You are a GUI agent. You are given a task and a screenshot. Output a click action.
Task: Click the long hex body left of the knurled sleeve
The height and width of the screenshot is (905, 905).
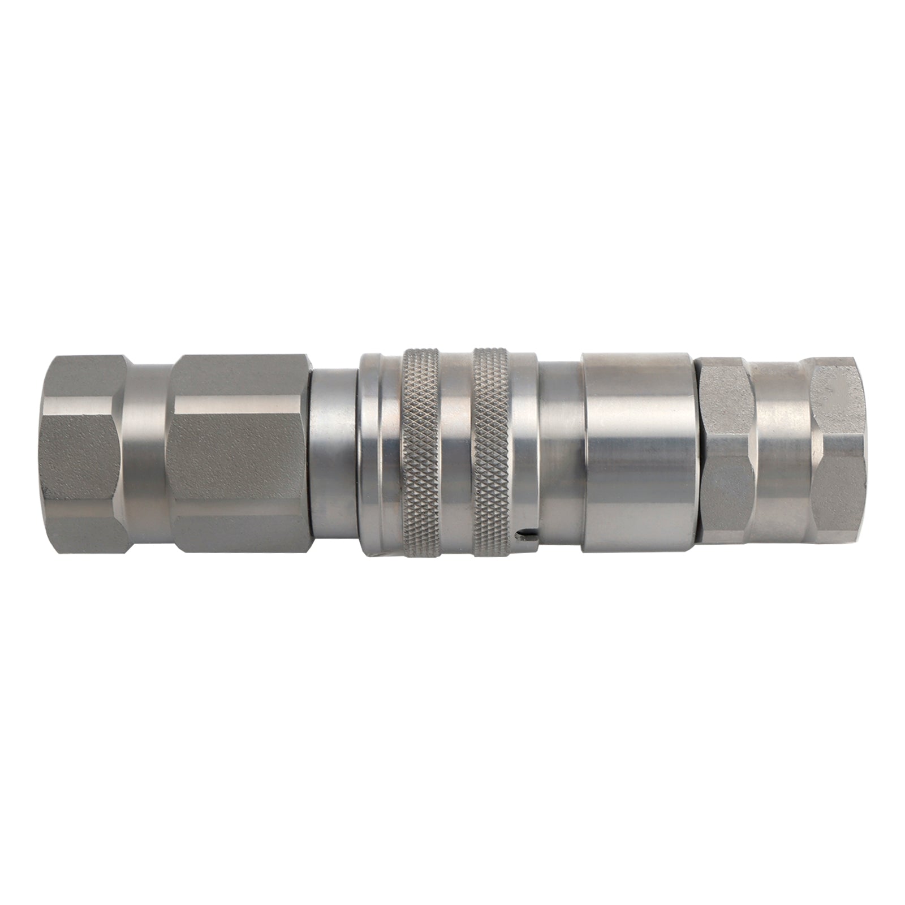coord(240,453)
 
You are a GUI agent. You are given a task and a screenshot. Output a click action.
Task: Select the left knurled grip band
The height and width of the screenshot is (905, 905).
coord(421,453)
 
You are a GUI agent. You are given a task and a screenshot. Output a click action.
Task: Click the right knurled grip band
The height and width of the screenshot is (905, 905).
coord(492,453)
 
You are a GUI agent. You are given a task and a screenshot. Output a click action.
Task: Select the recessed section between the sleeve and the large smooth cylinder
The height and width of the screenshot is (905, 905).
coord(560,453)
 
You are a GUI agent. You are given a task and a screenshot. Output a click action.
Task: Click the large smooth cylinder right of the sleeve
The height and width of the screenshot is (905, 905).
coord(636,453)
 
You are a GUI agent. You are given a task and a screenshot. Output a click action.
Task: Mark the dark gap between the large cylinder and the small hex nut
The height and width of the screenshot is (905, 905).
coord(696,453)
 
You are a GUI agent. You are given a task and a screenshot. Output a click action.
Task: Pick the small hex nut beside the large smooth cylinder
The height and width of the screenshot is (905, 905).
coord(727,453)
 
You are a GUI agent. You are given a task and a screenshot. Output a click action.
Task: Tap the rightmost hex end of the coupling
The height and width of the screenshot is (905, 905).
coord(837,453)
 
